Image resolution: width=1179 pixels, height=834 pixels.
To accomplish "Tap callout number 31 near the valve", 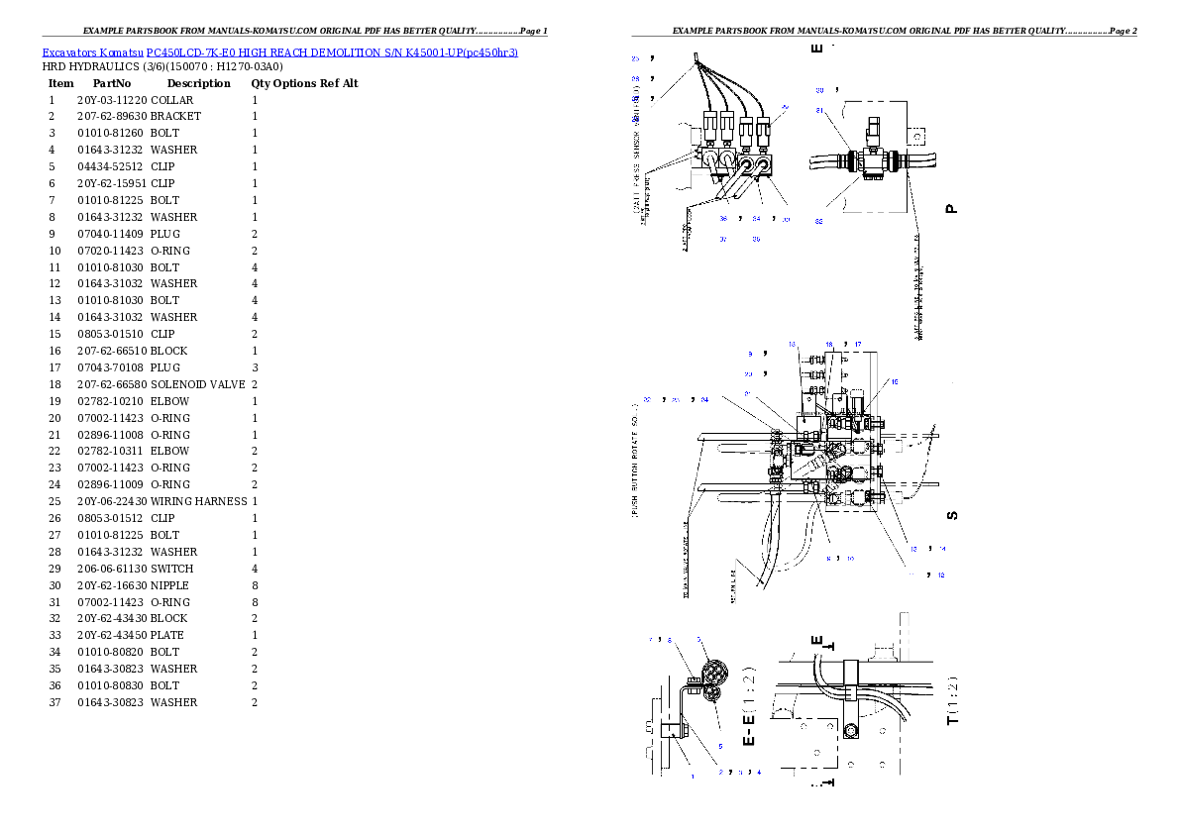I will click(x=819, y=110).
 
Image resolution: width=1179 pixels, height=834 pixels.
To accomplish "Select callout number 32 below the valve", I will click(x=819, y=221).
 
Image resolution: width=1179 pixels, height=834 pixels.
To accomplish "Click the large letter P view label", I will click(x=951, y=208).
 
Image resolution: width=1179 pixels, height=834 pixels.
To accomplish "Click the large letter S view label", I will click(x=952, y=515).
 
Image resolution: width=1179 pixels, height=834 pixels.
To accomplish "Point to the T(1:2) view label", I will click(x=952, y=700).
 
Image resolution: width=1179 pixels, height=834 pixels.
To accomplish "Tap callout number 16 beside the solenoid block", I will click(x=895, y=381).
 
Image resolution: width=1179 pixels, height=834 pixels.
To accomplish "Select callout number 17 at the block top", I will click(x=858, y=344).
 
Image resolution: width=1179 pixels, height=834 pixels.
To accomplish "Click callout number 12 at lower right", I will click(x=941, y=574).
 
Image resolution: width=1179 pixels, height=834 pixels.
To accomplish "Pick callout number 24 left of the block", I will click(x=704, y=400).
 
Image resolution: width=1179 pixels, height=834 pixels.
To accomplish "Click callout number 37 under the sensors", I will click(x=723, y=239).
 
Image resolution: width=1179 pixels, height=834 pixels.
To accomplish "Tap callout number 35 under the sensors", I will click(x=756, y=239).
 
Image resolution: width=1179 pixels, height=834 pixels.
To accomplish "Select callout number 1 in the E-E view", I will click(x=692, y=778).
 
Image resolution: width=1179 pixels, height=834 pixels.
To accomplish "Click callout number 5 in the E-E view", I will click(x=720, y=746).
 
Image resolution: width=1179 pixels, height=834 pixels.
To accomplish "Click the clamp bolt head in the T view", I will click(x=850, y=732).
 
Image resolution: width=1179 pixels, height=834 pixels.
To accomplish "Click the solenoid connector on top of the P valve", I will click(x=873, y=130).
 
